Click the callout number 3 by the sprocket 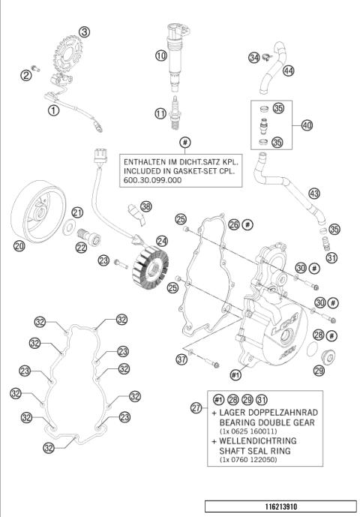(x=85, y=32)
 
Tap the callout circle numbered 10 (x=160, y=56)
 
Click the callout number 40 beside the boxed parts (x=307, y=125)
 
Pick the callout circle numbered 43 (x=314, y=194)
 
